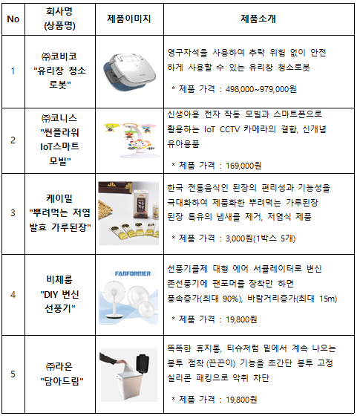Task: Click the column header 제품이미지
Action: click(129, 19)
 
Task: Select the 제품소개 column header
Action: click(258, 19)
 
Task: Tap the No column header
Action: click(13, 19)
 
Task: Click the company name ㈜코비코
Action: click(59, 56)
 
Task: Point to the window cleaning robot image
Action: click(129, 71)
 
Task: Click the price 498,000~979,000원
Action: click(261, 89)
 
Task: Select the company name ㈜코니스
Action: click(59, 118)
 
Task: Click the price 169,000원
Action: click(243, 166)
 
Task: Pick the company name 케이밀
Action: click(59, 198)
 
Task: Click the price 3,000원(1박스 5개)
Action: click(261, 238)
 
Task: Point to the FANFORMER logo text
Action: click(133, 273)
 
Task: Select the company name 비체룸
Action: click(59, 279)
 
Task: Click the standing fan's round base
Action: click(114, 316)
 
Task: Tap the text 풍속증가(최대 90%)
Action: click(205, 299)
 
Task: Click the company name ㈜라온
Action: click(59, 366)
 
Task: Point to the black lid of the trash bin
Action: click(143, 363)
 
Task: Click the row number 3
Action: click(13, 212)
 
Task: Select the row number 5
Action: click(13, 374)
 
